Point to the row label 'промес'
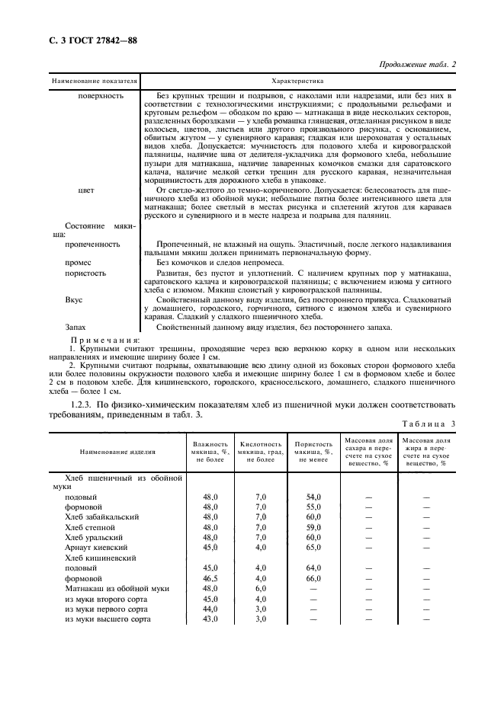coord(80,261)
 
